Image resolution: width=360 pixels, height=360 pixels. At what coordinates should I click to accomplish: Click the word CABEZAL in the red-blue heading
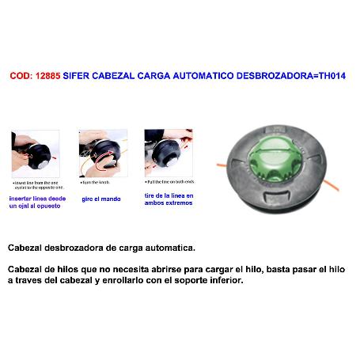point(126,77)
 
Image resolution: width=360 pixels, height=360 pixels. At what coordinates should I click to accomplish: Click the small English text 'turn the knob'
point(100,183)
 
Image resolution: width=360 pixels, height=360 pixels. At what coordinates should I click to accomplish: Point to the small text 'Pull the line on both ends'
point(169,183)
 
